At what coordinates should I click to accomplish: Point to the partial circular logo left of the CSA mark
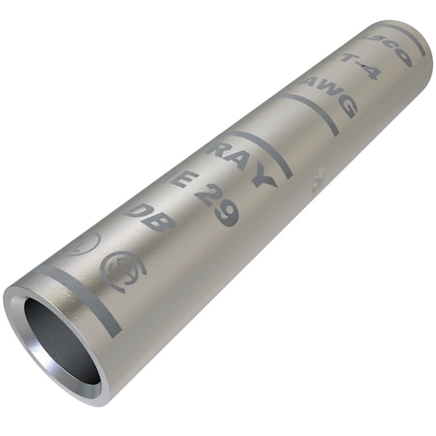(83, 243)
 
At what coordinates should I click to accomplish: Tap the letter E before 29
(179, 180)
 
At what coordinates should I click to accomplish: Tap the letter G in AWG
(343, 105)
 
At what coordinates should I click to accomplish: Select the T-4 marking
(359, 66)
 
